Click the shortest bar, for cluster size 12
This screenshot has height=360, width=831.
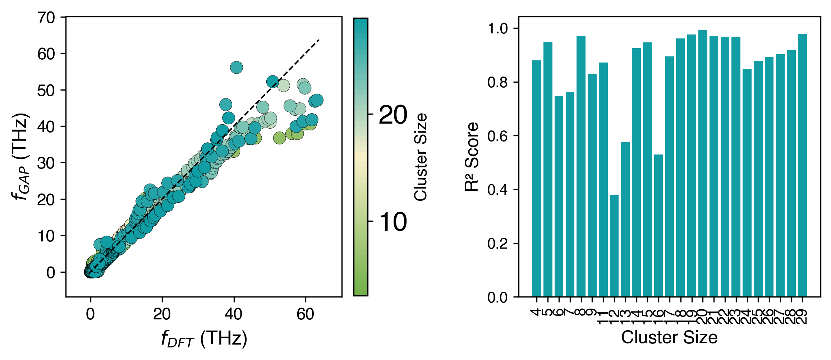coord(614,246)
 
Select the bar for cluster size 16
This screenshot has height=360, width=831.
coord(658,226)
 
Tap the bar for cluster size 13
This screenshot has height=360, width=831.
coord(625,220)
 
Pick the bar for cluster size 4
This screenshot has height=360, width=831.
coord(537,179)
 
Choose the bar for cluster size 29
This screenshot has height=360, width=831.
coord(802,165)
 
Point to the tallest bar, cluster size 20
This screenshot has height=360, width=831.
coord(703,163)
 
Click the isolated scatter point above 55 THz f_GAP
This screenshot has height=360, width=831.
coord(236,67)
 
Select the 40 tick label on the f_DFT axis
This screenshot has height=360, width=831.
coord(234,315)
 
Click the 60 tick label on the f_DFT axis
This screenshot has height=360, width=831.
coord(305,315)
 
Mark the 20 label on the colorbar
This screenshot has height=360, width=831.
coord(393,115)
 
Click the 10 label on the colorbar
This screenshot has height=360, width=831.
coord(393,222)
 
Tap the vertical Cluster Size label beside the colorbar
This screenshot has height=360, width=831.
coord(421,157)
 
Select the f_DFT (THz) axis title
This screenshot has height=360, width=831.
coord(204,339)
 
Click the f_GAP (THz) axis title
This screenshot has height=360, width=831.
coord(20,157)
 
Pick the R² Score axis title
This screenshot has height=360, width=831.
coord(472,157)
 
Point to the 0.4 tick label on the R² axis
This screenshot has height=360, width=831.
coord(497,190)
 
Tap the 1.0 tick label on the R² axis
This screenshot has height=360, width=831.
coord(497,28)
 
